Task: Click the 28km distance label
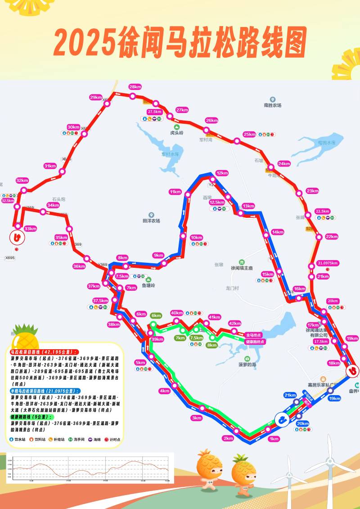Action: [135, 86]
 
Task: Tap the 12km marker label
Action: [222, 173]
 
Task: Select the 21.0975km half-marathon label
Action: [328, 263]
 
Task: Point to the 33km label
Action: [30, 229]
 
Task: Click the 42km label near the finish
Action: [235, 324]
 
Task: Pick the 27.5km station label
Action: [154, 112]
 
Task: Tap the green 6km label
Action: [156, 315]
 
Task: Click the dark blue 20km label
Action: [303, 423]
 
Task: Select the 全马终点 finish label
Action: [255, 335]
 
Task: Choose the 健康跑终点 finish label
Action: [255, 342]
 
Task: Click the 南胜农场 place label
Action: [273, 105]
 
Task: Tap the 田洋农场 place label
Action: [151, 221]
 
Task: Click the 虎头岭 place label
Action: [177, 133]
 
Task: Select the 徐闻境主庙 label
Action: [242, 268]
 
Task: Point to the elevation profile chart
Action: [90, 468]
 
